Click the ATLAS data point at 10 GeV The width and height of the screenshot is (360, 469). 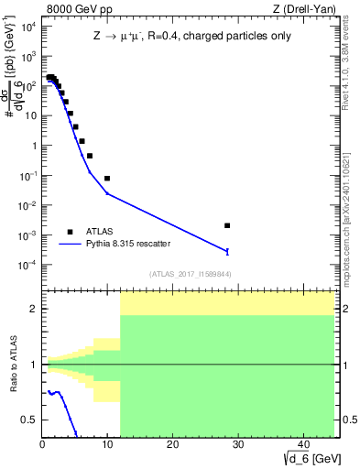pyautogui.click(x=107, y=179)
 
